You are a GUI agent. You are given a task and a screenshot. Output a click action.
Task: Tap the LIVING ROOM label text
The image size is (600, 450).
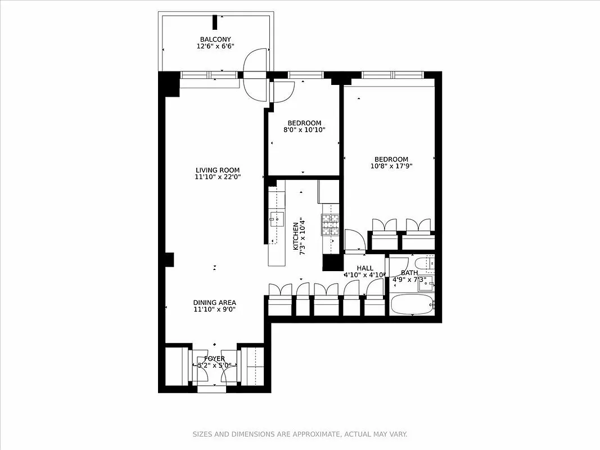(x=218, y=170)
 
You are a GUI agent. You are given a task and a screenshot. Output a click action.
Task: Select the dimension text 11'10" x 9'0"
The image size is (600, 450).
(x=214, y=309)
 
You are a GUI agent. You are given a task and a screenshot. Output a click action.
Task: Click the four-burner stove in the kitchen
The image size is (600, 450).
(x=331, y=224)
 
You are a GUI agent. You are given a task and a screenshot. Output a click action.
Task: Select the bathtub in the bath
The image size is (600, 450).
(x=412, y=305)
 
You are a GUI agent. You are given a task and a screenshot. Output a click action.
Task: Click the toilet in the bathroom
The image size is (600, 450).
(x=422, y=263)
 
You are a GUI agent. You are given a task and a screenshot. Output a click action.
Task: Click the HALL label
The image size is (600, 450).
(x=365, y=268)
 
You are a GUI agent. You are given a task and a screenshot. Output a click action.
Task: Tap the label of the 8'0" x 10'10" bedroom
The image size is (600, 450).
(x=304, y=123)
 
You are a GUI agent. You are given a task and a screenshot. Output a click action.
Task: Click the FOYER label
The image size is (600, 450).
(x=214, y=359)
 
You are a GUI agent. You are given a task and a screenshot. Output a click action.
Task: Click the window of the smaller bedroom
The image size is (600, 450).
(x=305, y=75)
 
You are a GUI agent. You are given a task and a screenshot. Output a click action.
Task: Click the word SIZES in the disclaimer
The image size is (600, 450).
(x=202, y=434)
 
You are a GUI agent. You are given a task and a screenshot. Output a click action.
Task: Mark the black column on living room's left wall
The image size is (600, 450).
(x=169, y=259)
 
